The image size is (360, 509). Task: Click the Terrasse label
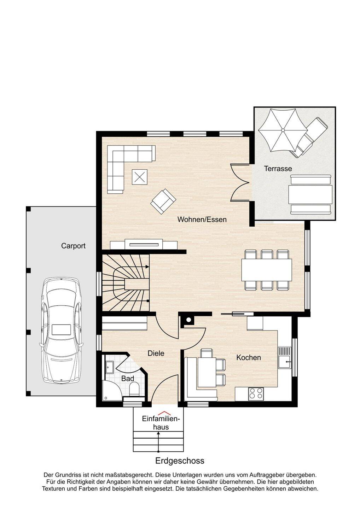pyautogui.click(x=278, y=169)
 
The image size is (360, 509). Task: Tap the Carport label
pyautogui.click(x=73, y=246)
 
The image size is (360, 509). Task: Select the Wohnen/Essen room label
pyautogui.click(x=202, y=220)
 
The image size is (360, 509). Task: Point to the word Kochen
pyautogui.click(x=248, y=357)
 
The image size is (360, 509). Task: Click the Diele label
pyautogui.click(x=156, y=353)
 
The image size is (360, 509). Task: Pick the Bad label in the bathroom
pyautogui.click(x=128, y=379)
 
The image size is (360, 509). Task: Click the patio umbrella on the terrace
pyautogui.click(x=283, y=130)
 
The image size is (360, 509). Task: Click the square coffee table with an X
pyautogui.click(x=140, y=177)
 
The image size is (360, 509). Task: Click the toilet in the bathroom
pyautogui.click(x=134, y=388)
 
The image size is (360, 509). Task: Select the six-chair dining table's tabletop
pyautogui.click(x=267, y=270)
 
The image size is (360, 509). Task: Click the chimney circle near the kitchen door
pyautogui.click(x=188, y=320)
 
